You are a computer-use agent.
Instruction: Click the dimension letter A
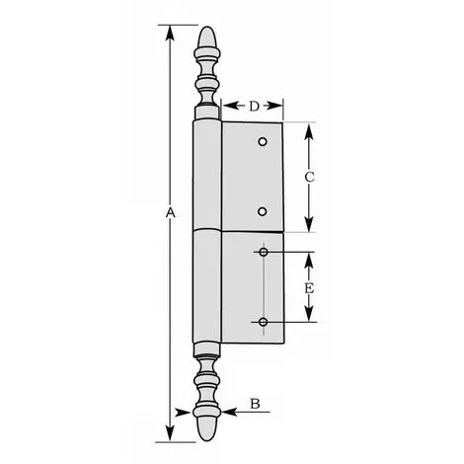(170, 213)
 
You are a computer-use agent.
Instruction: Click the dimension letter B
(255, 403)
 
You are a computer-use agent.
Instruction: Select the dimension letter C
(309, 177)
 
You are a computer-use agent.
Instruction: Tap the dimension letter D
(254, 106)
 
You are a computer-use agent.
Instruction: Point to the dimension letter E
(309, 288)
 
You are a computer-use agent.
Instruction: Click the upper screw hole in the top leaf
(263, 142)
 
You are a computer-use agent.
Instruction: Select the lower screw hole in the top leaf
(263, 211)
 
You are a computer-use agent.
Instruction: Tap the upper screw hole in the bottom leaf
(264, 252)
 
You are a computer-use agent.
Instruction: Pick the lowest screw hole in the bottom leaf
(263, 322)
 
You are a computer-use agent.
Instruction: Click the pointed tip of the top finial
(206, 27)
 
